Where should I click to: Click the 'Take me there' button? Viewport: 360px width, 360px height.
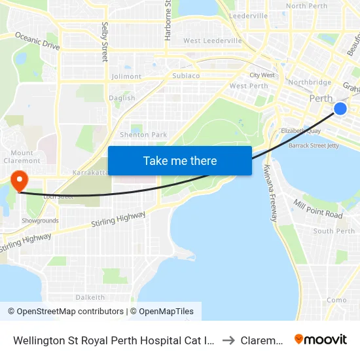(179, 160)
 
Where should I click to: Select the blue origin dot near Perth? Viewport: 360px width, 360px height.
(340, 109)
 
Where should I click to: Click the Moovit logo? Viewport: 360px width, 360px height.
(321, 340)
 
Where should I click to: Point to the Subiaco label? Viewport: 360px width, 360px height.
(186, 76)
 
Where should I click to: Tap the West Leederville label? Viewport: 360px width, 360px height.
(213, 41)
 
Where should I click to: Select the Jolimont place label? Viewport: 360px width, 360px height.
(126, 77)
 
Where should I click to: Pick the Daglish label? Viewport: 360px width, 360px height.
(122, 98)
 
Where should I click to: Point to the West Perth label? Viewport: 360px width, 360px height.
(249, 86)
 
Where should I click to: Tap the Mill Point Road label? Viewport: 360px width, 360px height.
(318, 209)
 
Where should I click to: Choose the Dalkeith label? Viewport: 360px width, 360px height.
(90, 297)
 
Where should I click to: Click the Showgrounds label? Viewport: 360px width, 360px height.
(40, 221)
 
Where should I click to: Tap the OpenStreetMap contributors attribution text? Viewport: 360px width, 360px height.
(65, 312)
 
